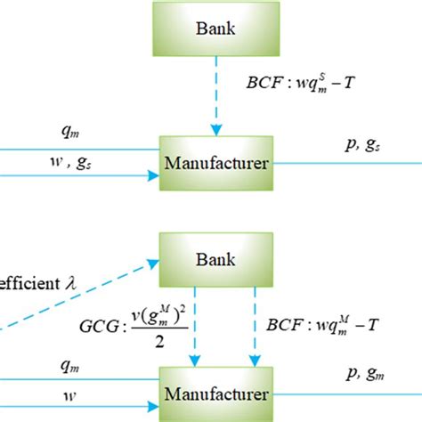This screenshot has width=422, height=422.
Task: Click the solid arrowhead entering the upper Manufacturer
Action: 151,175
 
